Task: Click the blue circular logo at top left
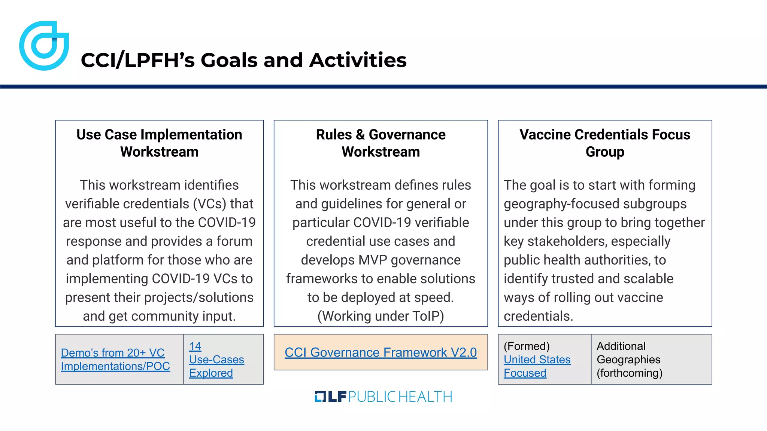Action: coord(44,46)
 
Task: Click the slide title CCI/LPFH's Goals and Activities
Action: coord(243,60)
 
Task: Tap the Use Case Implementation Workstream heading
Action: coord(159,143)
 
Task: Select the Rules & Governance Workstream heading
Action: coord(381,143)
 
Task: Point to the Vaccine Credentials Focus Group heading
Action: coord(604,143)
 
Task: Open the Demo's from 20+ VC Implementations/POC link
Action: coord(115,360)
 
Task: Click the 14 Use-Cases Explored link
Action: coord(216,360)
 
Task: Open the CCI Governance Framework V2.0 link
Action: coord(381,352)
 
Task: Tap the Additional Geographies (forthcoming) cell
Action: coord(629,360)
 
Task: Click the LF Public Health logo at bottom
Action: coord(383,397)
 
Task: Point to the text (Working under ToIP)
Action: coord(381,316)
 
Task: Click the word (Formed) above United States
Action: coord(527,346)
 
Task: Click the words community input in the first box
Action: coord(183,316)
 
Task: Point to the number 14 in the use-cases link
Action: coord(195,346)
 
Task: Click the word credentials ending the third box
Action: coord(537,316)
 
